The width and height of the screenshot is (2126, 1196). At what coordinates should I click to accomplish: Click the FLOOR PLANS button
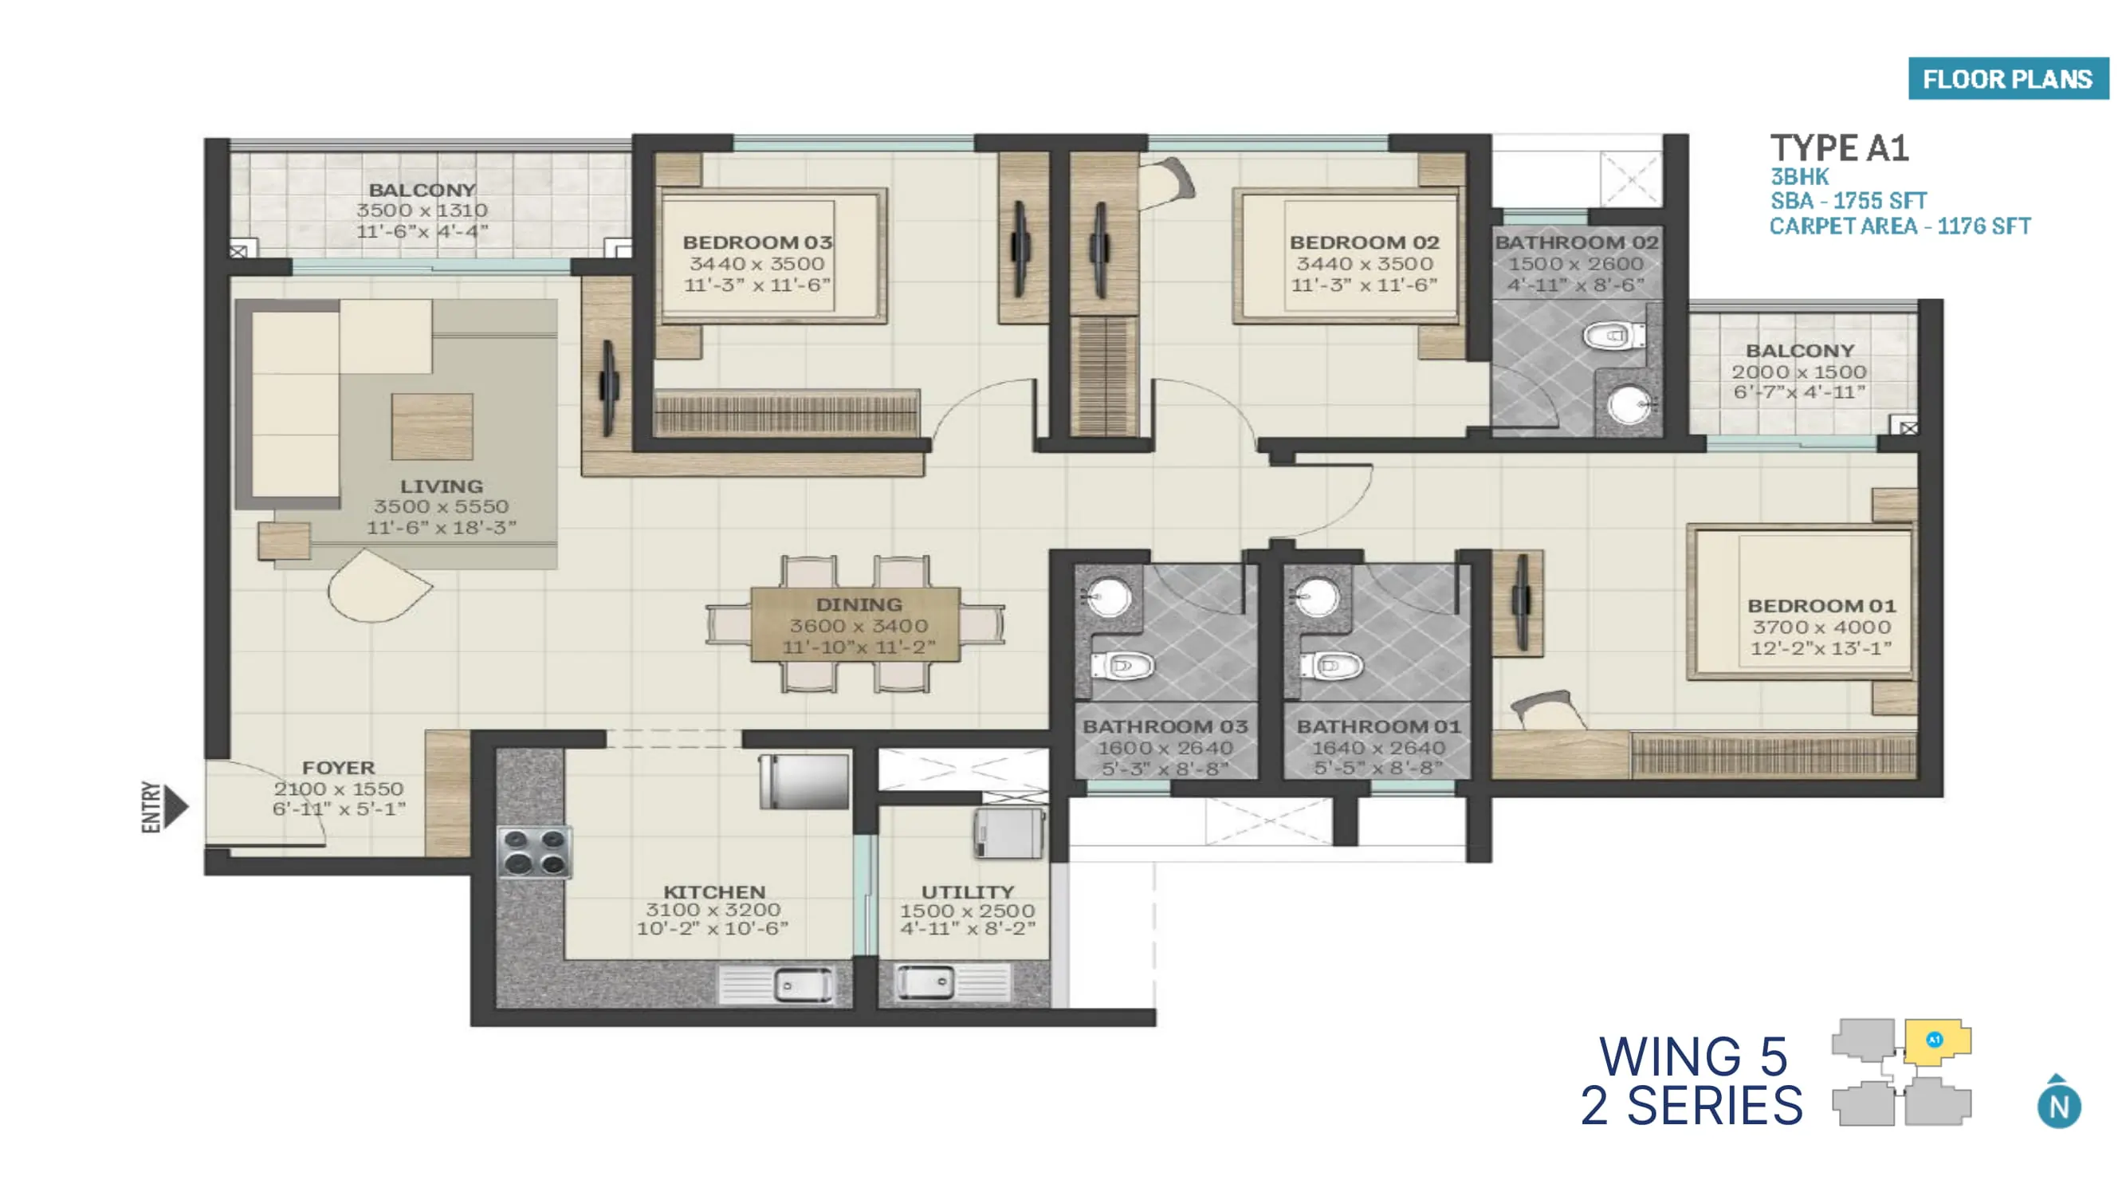[x=2007, y=78]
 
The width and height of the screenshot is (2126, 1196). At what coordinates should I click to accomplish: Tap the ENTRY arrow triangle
[x=175, y=805]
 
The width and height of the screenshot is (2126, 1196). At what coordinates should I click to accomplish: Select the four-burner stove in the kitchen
[x=535, y=851]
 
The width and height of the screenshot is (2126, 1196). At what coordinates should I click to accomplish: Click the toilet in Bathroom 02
[x=1613, y=336]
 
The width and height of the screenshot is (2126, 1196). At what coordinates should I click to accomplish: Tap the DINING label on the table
[x=859, y=604]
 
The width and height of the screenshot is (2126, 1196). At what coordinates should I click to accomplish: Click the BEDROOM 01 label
[x=1821, y=605]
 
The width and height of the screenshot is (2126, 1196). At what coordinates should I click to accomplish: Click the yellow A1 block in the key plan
[x=1935, y=1041]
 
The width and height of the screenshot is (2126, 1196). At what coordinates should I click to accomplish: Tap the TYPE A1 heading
[x=1840, y=148]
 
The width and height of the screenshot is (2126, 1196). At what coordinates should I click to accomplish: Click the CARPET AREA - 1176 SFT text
[x=1899, y=226]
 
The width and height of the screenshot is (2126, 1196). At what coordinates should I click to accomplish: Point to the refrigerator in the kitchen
[x=804, y=781]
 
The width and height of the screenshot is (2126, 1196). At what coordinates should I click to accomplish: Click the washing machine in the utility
[x=1008, y=833]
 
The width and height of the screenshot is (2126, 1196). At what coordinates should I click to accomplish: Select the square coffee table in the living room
[x=431, y=427]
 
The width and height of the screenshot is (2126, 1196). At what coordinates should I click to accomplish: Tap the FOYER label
[x=337, y=768]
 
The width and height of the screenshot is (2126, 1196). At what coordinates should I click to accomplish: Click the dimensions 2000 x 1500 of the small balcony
[x=1799, y=372]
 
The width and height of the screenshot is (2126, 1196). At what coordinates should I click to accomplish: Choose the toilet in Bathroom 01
[x=1329, y=665]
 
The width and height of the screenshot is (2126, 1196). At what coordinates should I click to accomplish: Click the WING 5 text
[x=1692, y=1056]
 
